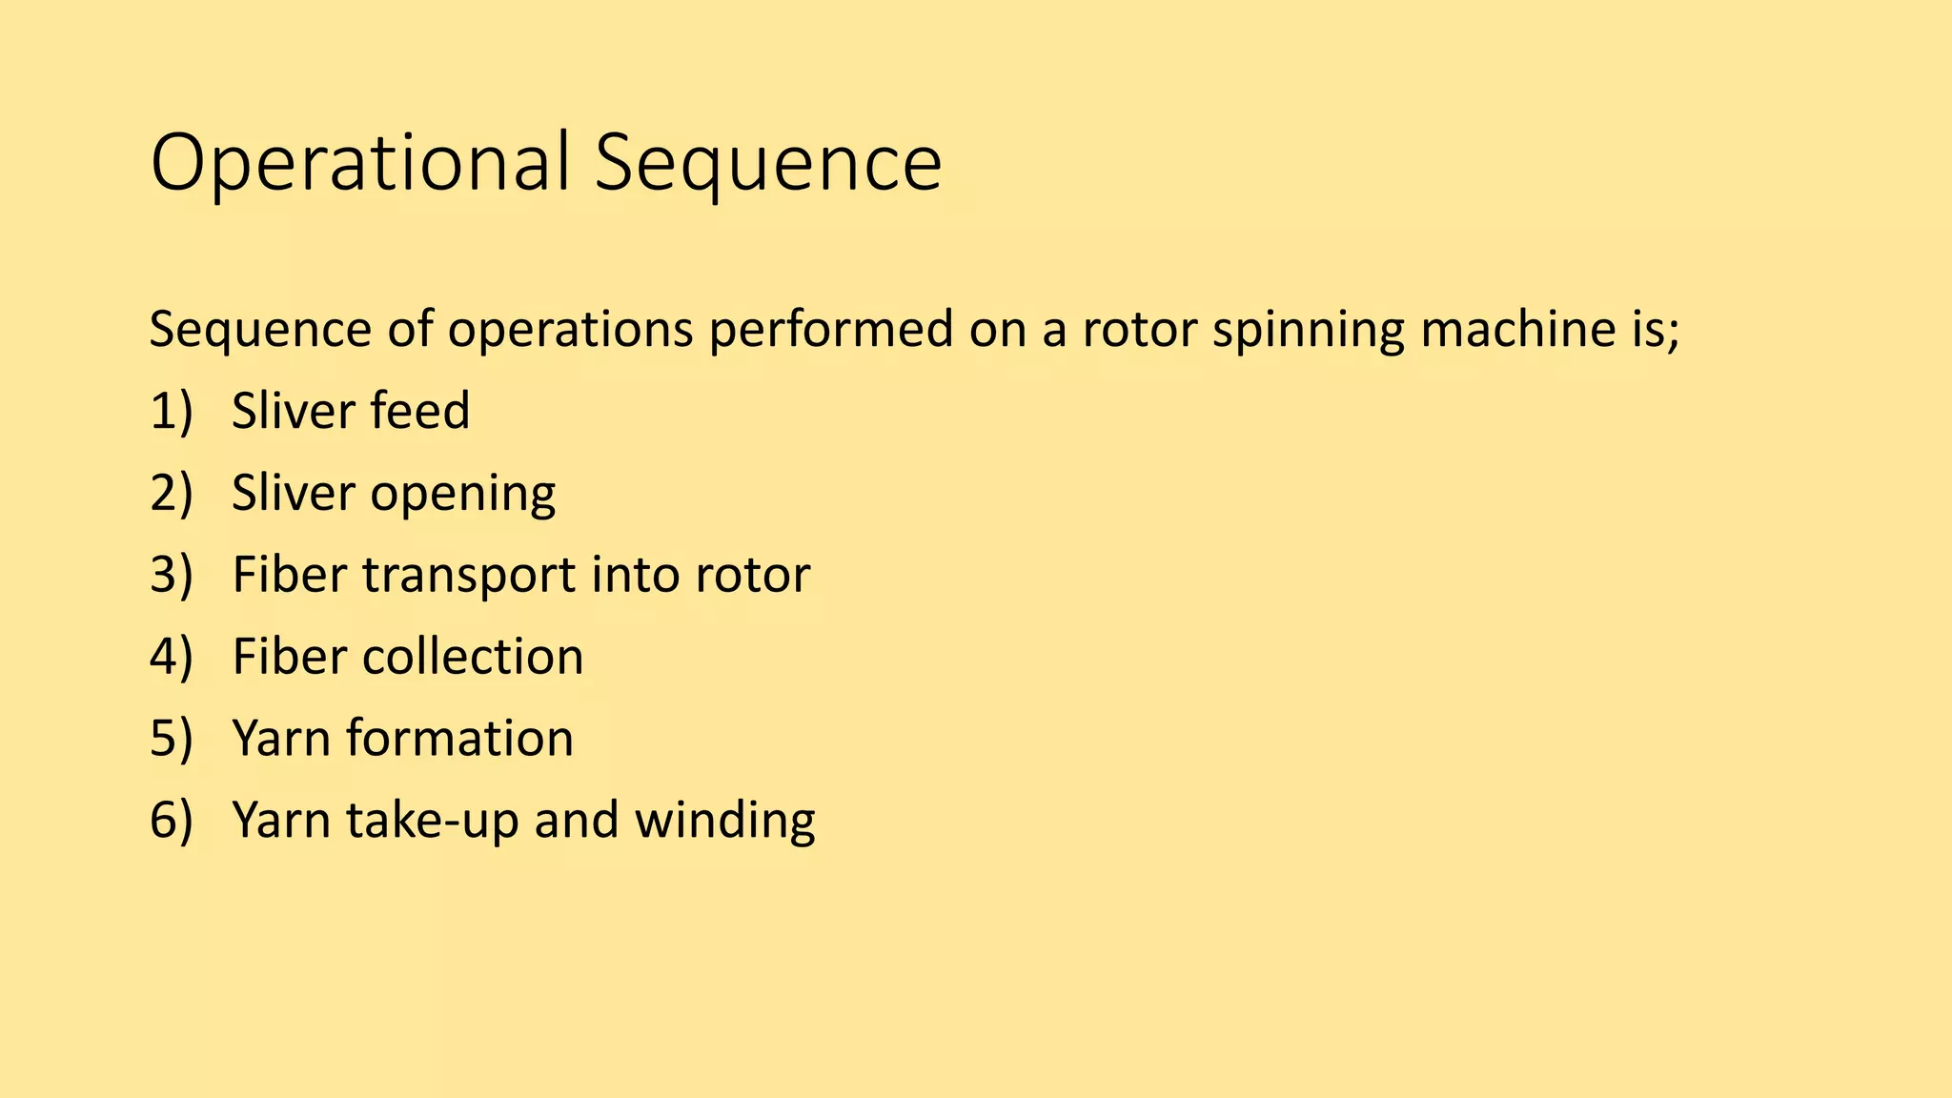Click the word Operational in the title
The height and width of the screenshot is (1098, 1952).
[x=360, y=164]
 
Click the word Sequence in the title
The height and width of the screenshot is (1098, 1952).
[x=767, y=164]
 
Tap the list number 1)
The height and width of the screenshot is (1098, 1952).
[x=172, y=412]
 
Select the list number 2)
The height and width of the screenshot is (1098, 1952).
[x=172, y=494]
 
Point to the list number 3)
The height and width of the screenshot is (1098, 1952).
[x=172, y=576]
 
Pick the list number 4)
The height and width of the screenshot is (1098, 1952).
[x=172, y=658]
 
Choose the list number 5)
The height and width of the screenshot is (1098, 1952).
[x=172, y=740]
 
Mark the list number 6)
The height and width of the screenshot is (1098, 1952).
[x=172, y=821]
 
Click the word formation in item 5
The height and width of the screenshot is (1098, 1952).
[x=459, y=740]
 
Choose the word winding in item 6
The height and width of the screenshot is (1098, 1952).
[x=724, y=822]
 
